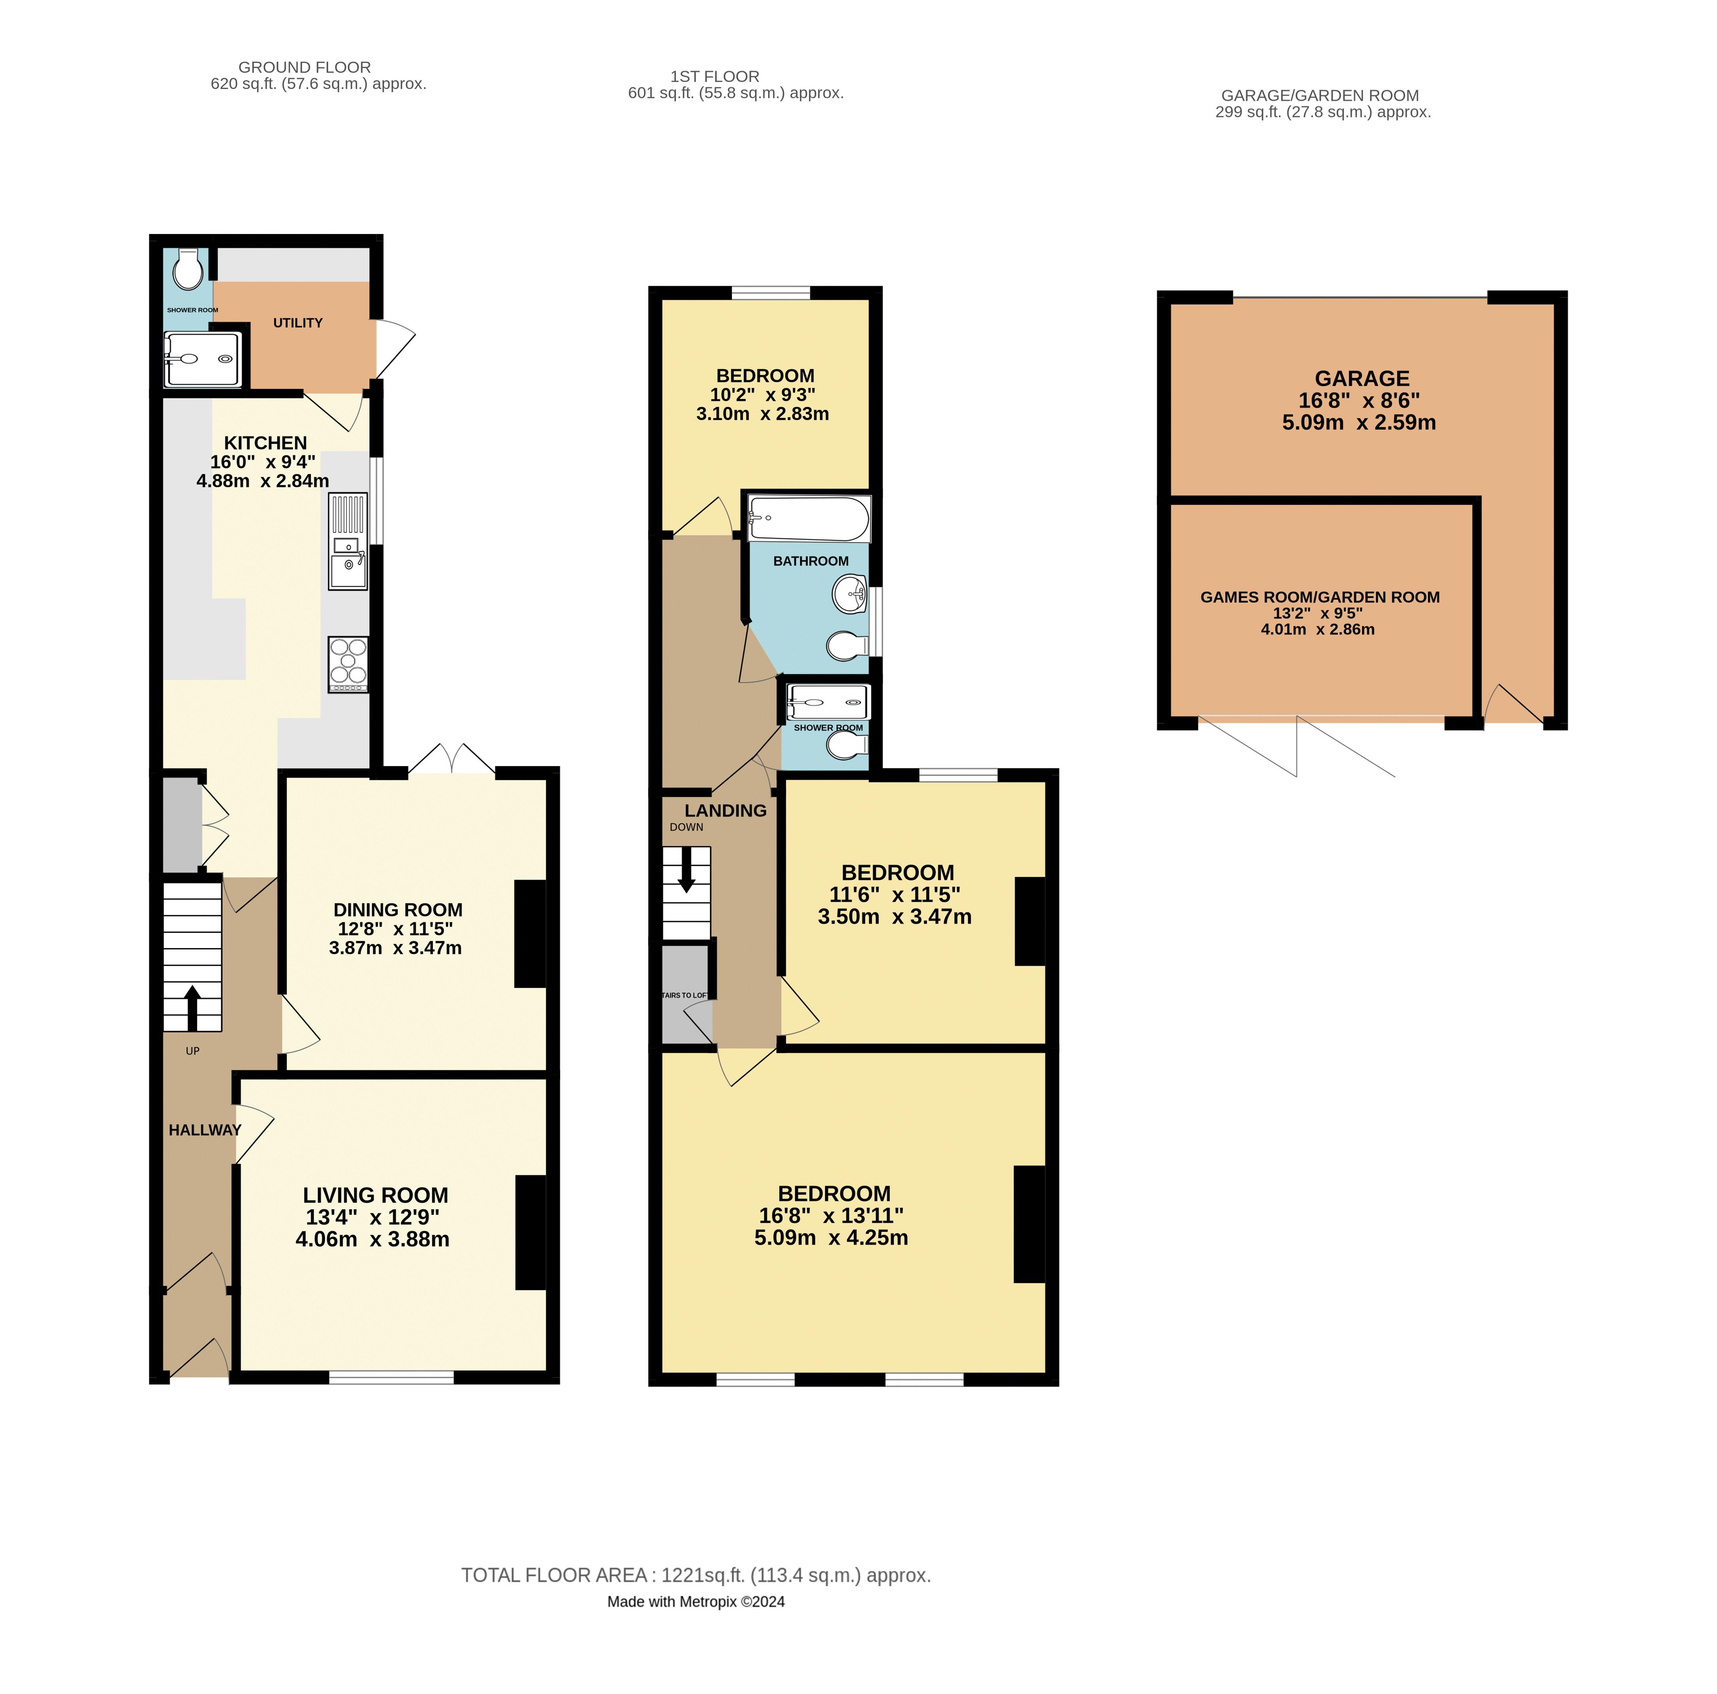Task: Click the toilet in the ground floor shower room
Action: point(187,269)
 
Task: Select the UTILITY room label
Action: point(298,323)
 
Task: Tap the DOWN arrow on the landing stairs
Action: point(686,868)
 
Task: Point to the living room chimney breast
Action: point(530,1232)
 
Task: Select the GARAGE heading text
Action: point(1362,379)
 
